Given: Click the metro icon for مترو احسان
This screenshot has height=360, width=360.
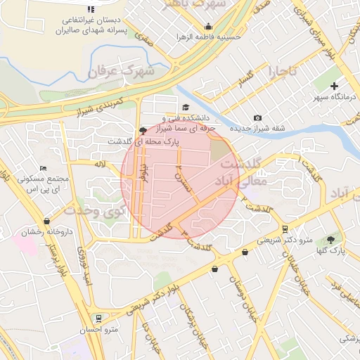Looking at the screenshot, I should click(97, 318).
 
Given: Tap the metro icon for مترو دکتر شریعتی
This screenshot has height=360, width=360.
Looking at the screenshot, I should click(284, 229).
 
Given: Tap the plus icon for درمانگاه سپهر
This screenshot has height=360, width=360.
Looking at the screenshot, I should click(334, 86).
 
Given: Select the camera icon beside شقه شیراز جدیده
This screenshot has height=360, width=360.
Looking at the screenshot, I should click(258, 117).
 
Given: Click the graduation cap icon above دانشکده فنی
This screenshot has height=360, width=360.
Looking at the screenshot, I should click(186, 108).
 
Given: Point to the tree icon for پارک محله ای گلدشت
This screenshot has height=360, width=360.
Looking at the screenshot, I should click(143, 130).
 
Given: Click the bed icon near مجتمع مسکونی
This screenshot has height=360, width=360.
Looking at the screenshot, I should click(44, 169).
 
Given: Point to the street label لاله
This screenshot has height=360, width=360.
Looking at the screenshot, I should click(99, 164).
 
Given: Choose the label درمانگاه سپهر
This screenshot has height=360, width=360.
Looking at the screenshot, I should click(334, 98).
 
